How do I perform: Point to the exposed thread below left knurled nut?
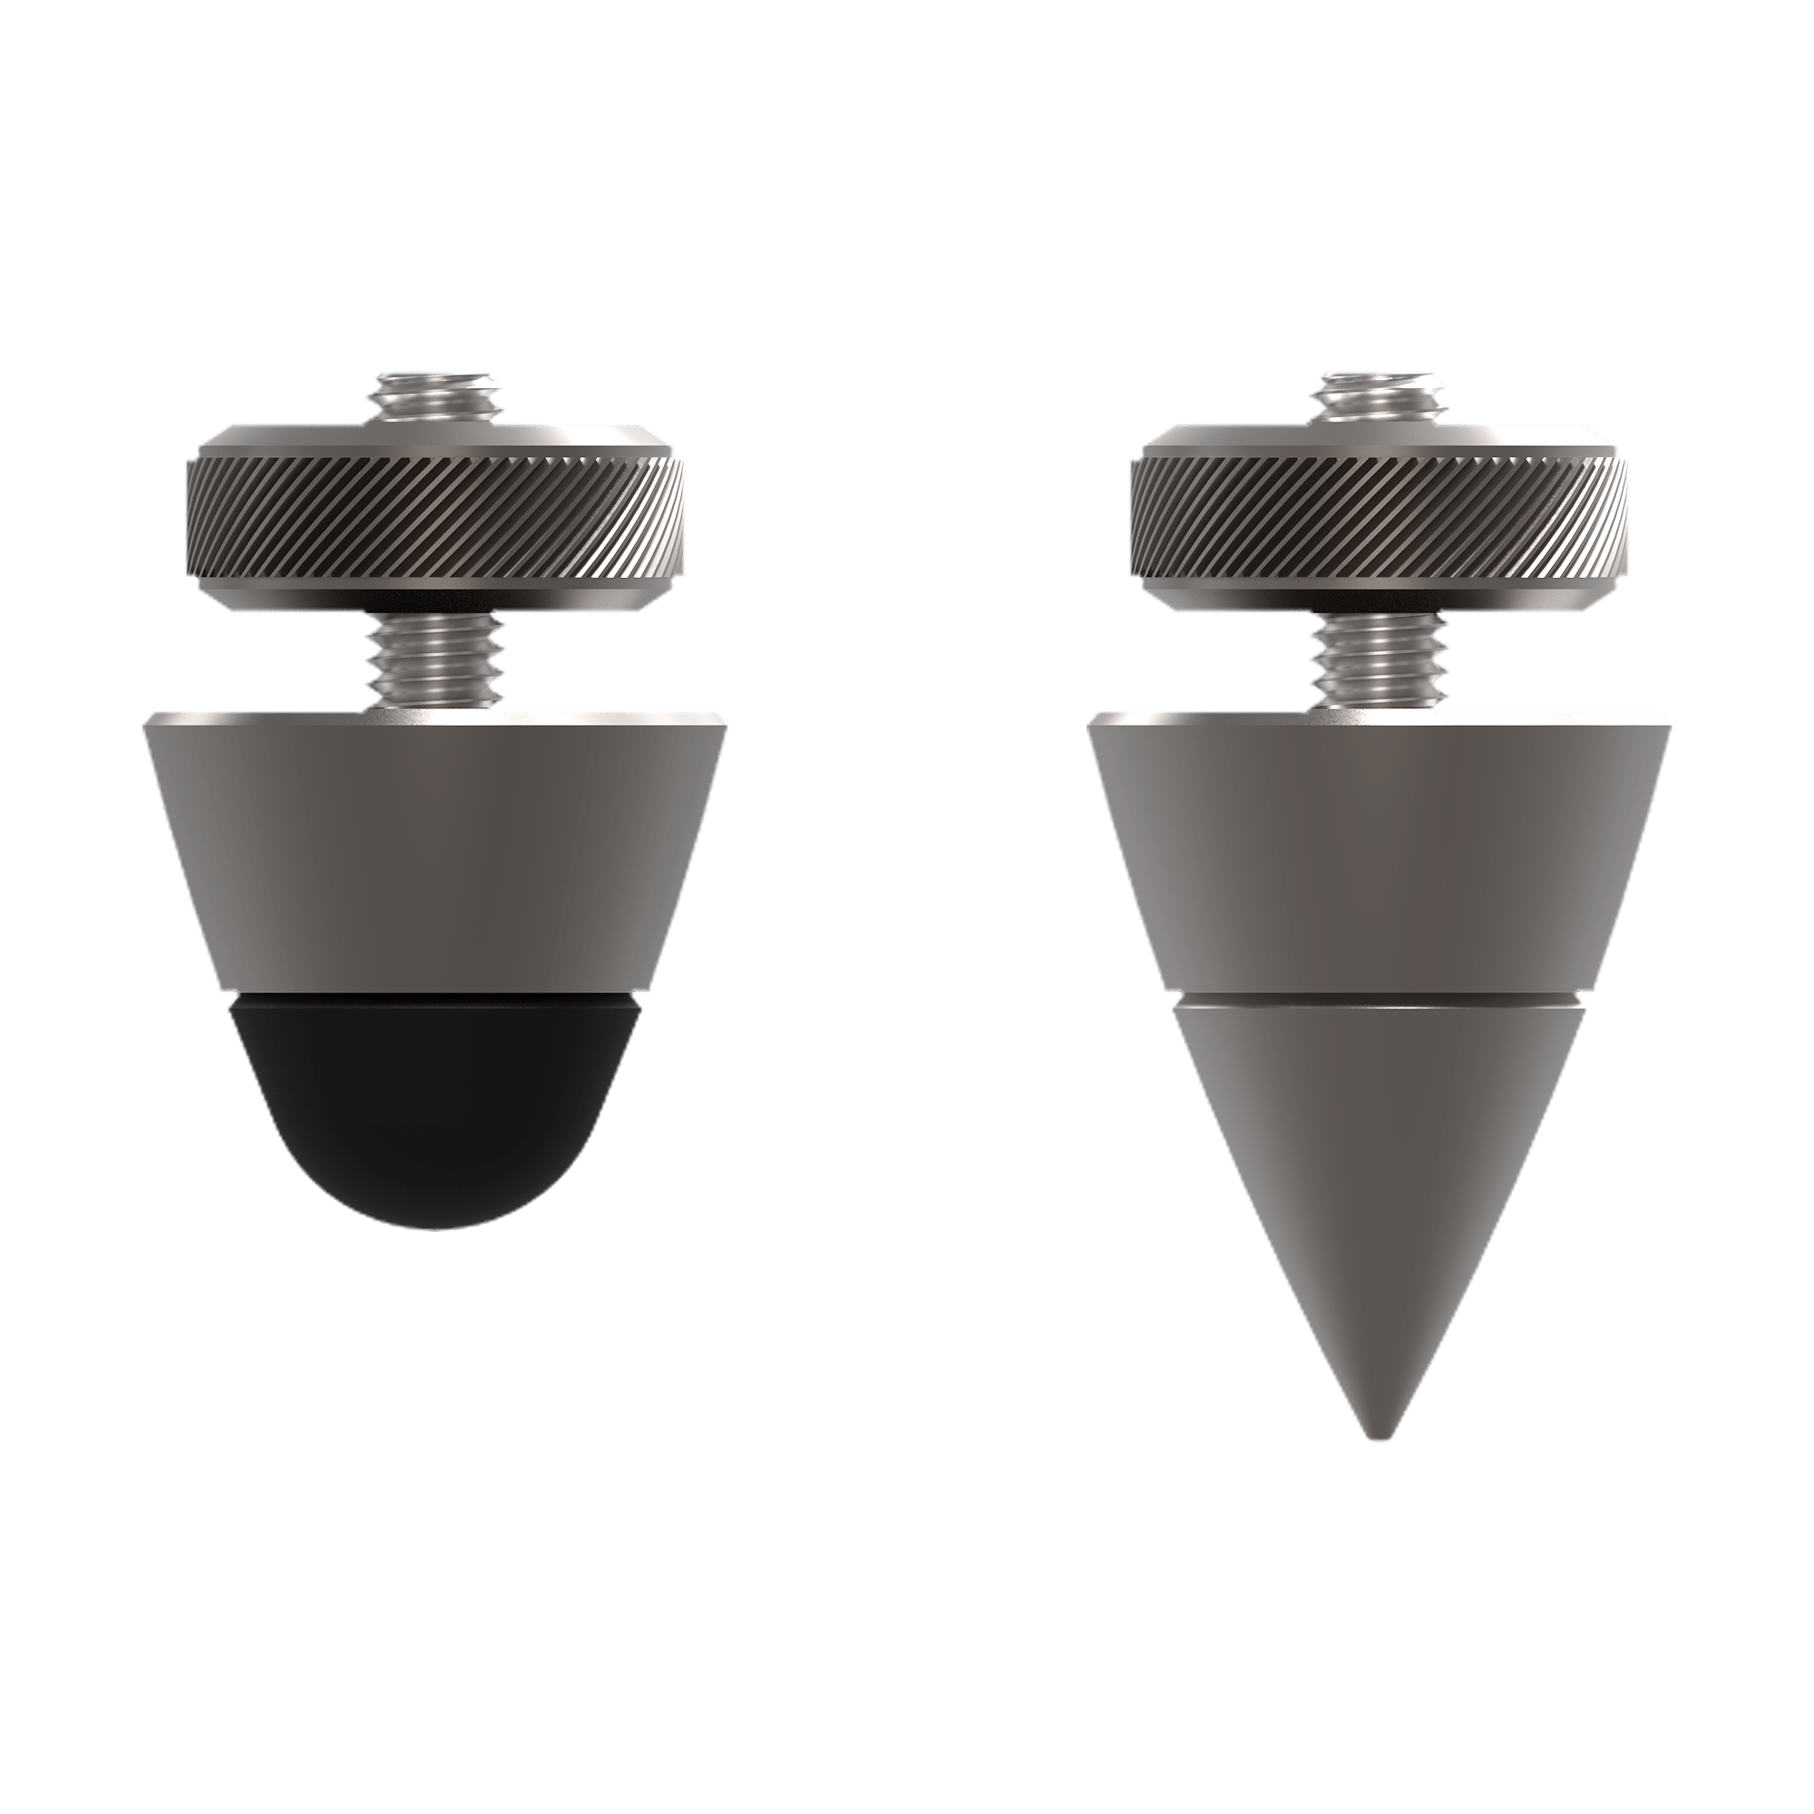[434, 662]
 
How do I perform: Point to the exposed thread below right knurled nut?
[1381, 662]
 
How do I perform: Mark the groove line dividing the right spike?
[1381, 998]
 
